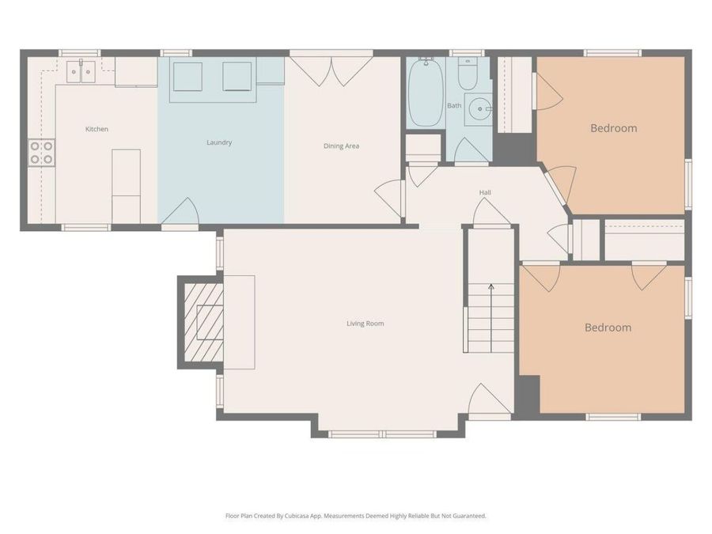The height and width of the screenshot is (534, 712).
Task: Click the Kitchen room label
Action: pos(97,129)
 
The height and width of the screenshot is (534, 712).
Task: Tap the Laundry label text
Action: pos(219,142)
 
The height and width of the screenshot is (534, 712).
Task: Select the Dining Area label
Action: pos(341,146)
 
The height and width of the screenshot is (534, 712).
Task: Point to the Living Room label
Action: pos(365,323)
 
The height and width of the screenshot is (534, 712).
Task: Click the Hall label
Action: pos(485,192)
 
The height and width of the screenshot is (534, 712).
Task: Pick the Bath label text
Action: pos(454,105)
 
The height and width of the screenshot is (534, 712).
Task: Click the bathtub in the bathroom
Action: pos(426,92)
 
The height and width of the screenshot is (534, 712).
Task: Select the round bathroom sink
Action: pos(478,108)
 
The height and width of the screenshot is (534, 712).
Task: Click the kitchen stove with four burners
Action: pos(42,153)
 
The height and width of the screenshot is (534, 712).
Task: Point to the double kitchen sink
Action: pos(81,72)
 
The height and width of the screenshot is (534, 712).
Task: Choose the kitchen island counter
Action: pos(126,185)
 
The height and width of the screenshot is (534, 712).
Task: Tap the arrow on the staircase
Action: pos(490,287)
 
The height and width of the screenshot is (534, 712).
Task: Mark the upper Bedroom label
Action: pos(613,128)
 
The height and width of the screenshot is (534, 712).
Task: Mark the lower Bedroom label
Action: pos(608,328)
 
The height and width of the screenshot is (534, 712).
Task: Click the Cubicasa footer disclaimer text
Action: pos(356,516)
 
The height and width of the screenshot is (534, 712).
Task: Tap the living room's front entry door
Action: pos(488,400)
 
